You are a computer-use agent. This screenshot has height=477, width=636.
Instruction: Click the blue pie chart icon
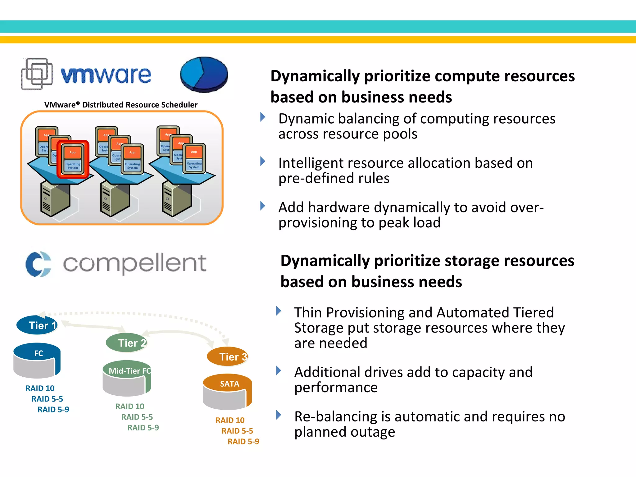click(x=204, y=75)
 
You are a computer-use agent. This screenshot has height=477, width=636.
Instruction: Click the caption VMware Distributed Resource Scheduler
click(x=121, y=105)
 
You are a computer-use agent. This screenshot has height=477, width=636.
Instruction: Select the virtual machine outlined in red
click(x=73, y=159)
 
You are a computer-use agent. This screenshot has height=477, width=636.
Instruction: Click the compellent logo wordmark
click(x=134, y=263)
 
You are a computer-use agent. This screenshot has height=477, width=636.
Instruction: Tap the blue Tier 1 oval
click(x=37, y=325)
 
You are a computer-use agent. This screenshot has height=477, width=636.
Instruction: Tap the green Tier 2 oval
click(x=126, y=343)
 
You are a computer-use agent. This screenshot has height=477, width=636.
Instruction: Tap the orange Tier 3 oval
click(x=227, y=357)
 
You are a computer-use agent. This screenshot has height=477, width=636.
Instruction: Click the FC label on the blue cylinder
click(x=39, y=353)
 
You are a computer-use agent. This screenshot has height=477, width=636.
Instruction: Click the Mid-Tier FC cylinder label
click(x=129, y=371)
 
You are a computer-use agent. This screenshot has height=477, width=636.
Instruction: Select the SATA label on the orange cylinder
click(x=229, y=384)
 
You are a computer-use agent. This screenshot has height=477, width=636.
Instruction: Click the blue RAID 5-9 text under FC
click(x=53, y=410)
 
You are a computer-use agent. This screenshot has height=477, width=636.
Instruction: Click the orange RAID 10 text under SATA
click(x=230, y=420)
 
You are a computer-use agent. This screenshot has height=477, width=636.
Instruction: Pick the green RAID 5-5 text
click(x=137, y=417)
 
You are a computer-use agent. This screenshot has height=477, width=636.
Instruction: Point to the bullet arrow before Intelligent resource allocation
click(x=263, y=161)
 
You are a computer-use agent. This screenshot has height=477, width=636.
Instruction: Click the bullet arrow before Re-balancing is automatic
click(x=279, y=415)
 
